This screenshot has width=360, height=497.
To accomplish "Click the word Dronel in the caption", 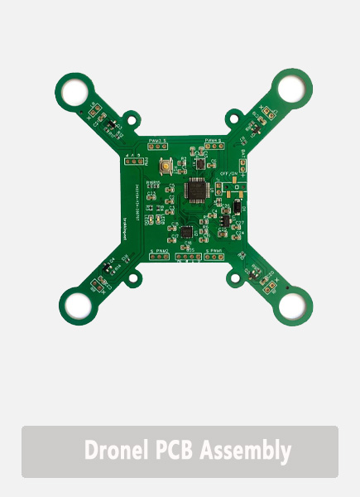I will [118, 451].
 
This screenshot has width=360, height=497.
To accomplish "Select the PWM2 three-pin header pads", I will [160, 256].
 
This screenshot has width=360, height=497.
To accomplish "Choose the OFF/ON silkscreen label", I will [229, 172].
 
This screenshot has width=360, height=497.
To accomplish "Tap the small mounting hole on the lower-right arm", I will [247, 271].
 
